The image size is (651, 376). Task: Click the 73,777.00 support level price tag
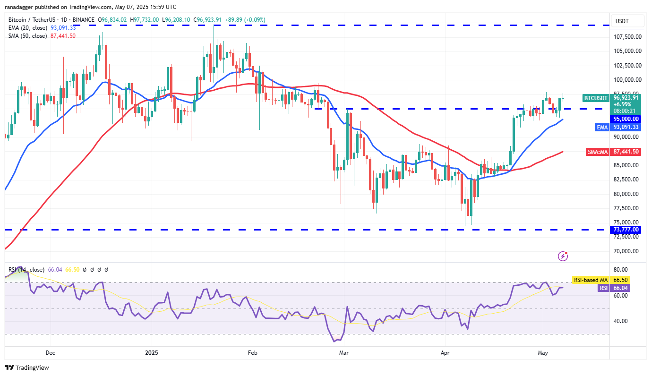[x=626, y=230]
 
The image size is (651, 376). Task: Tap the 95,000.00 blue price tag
[x=626, y=119]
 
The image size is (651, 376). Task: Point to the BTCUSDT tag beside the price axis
[x=595, y=98]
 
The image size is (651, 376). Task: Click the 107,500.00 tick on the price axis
[x=627, y=37]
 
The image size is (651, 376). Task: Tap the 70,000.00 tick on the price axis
[x=627, y=251]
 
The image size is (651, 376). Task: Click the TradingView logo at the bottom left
[x=27, y=367]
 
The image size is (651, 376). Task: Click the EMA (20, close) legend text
[x=28, y=28]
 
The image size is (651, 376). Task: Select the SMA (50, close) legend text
[x=28, y=36]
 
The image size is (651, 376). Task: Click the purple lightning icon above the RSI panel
[x=563, y=256]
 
